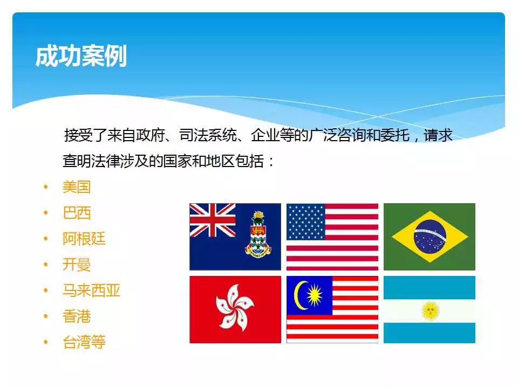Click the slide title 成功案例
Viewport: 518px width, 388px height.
(81, 56)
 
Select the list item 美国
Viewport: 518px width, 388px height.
(77, 187)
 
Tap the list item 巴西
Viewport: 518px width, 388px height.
(77, 213)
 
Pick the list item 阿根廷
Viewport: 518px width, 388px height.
(84, 239)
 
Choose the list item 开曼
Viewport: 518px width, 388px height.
(77, 264)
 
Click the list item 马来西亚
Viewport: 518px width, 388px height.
(91, 290)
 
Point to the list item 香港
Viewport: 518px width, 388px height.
(77, 316)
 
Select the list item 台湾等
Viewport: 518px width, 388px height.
(84, 342)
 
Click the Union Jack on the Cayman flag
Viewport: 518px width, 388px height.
(213, 220)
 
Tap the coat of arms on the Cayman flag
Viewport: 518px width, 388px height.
(258, 234)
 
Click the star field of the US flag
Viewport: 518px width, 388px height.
(305, 221)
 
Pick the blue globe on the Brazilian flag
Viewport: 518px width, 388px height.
(430, 237)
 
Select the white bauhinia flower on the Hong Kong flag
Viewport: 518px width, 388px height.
(235, 309)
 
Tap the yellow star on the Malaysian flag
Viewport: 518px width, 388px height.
(315, 295)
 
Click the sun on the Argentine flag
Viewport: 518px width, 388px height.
(430, 310)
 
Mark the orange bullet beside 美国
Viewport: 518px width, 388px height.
(45, 187)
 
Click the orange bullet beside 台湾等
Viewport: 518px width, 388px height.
(45, 342)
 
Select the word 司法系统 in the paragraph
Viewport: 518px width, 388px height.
(208, 135)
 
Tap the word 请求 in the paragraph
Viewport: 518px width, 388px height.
(438, 135)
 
